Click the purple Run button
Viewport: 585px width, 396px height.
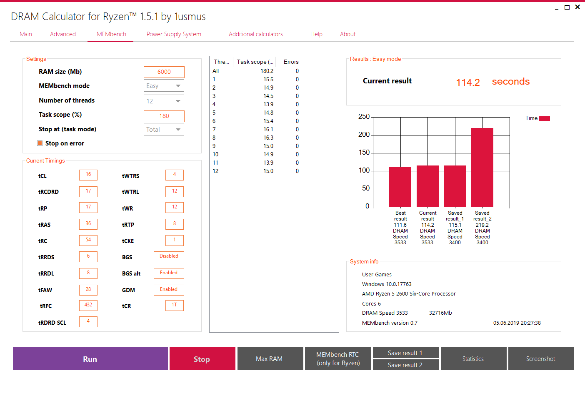(x=90, y=359)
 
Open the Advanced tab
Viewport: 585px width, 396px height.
(x=63, y=34)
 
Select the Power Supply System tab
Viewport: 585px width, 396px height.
(x=174, y=34)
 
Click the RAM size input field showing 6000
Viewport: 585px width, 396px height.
(x=164, y=72)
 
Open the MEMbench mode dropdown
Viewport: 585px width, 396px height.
(x=164, y=86)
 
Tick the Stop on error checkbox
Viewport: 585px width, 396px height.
(x=40, y=143)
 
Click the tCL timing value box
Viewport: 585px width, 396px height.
(x=88, y=175)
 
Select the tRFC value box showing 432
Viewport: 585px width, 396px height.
(x=88, y=305)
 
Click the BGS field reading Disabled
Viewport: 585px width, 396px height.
(x=169, y=256)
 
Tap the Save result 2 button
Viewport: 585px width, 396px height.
(x=405, y=365)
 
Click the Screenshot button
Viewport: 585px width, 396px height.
(x=541, y=359)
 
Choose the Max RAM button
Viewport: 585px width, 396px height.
(x=269, y=359)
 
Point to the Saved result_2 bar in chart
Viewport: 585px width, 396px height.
(x=482, y=167)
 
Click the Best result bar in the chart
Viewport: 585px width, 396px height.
(x=400, y=187)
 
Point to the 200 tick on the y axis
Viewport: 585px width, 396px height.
(x=364, y=135)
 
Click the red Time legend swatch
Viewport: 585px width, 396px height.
(x=545, y=118)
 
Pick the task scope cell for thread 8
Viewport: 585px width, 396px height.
(x=268, y=138)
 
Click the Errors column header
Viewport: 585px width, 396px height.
(x=291, y=62)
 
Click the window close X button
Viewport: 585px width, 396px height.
(x=577, y=7)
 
